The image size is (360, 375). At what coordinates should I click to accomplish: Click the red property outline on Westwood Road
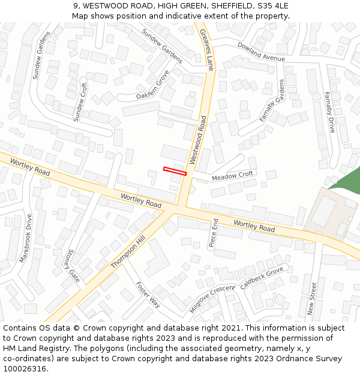(175, 171)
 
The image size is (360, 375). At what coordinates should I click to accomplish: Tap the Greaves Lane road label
(207, 50)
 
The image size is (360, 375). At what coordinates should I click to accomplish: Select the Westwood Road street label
(198, 140)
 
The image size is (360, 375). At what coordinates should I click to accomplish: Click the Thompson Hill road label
(128, 252)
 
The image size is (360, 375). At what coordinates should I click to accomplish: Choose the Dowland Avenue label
(261, 52)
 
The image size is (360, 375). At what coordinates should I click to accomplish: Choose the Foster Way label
(148, 294)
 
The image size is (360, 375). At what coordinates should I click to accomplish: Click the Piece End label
(213, 233)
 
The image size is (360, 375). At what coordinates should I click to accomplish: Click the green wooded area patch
(347, 181)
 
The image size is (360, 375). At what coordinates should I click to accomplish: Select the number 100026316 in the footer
(25, 368)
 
